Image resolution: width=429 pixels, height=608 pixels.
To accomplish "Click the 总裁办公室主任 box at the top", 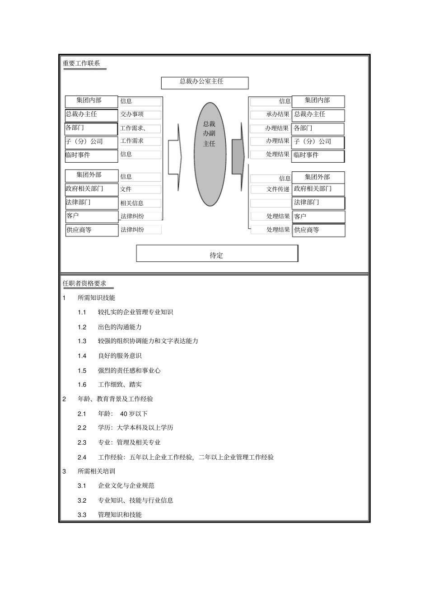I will (205, 83).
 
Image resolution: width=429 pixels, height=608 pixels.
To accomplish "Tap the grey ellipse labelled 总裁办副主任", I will (210, 154).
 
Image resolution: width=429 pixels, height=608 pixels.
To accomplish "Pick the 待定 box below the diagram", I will (217, 254).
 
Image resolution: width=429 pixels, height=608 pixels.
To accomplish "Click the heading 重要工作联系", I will (81, 64).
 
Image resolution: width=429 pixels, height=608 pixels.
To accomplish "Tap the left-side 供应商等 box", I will (92, 230).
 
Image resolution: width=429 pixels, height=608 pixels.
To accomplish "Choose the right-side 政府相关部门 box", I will (318, 189).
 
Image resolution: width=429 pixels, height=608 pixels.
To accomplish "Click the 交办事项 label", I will (132, 114).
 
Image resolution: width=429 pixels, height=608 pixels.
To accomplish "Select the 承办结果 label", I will (277, 114).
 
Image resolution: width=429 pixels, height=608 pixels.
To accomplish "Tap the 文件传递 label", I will (278, 189).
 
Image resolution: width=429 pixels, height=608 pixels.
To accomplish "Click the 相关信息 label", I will (132, 203).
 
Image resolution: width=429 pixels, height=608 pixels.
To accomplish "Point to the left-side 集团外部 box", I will (91, 175).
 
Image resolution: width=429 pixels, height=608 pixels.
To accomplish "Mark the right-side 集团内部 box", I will (318, 101).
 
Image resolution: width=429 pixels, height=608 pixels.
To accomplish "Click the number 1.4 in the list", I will (82, 356).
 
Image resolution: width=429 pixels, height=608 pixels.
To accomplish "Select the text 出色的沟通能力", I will (120, 327).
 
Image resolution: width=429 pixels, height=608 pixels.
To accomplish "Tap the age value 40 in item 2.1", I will (124, 414).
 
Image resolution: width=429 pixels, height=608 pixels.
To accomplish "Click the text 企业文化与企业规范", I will (126, 485).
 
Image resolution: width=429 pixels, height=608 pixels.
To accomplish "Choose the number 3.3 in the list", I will (82, 515).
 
